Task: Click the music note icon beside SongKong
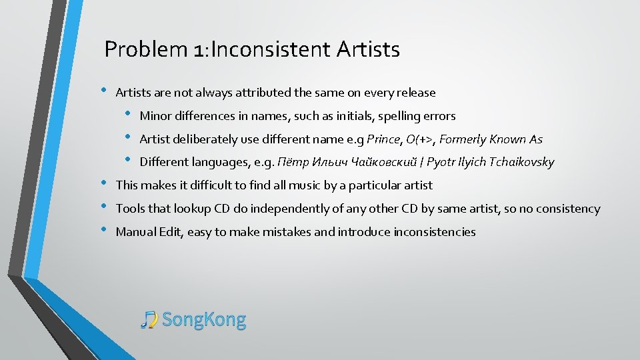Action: (x=149, y=320)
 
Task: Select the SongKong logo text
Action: (x=204, y=320)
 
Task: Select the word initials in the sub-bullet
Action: (x=354, y=116)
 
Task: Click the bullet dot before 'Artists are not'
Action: (x=103, y=91)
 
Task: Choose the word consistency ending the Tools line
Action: (x=567, y=209)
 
